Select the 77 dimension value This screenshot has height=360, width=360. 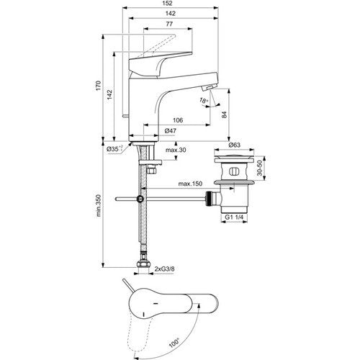tap(169, 24)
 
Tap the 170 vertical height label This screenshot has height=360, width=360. tap(99, 86)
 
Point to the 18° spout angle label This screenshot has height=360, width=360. tap(204, 101)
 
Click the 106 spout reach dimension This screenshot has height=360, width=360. tap(178, 120)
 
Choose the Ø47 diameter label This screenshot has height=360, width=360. tap(171, 131)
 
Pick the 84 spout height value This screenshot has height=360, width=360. tap(225, 114)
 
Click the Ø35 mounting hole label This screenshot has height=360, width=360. tap(114, 149)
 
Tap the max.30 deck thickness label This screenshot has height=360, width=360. tap(176, 150)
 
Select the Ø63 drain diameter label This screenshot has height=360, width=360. tap(234, 145)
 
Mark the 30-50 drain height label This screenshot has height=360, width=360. tap(260, 168)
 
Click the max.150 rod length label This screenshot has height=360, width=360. tap(190, 184)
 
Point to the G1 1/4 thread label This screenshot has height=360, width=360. tap(234, 217)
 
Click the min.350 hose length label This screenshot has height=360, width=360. tap(99, 206)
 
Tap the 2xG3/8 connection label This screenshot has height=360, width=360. tap(164, 269)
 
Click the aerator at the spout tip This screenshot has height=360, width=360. tap(208, 88)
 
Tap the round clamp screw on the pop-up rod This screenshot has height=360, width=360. tap(140, 199)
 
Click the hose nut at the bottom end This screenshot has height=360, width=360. tap(143, 264)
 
